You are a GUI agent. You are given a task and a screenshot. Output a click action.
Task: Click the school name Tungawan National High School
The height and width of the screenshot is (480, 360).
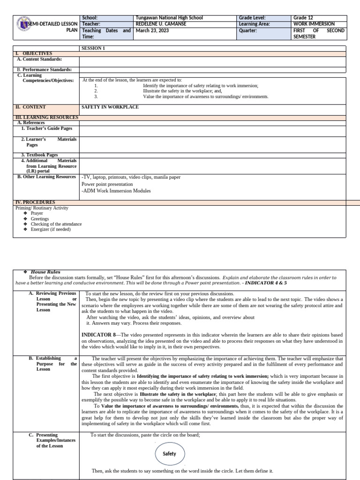tap(169, 18)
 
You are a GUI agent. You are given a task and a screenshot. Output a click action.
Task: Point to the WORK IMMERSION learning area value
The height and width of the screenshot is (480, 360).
tap(314, 24)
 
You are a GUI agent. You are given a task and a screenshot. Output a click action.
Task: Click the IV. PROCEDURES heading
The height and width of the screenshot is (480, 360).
tap(35, 202)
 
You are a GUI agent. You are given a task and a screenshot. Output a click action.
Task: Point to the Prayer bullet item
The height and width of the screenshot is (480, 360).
tap(37, 213)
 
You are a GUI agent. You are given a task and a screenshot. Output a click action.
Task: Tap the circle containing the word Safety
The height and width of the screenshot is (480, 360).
tap(169, 454)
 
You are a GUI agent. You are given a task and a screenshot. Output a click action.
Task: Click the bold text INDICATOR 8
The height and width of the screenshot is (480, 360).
tap(99, 335)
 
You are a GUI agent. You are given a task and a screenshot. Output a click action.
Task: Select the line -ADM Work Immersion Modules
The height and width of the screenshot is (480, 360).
tap(116, 191)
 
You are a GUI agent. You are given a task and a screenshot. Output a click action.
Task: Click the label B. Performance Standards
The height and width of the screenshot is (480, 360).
tap(45, 69)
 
